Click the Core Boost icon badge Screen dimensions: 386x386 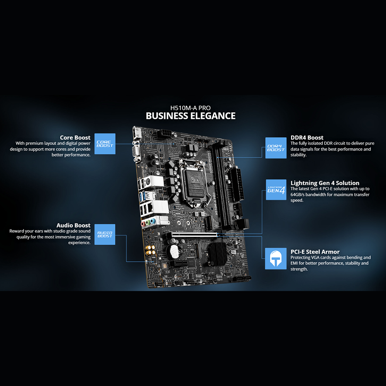(105, 144)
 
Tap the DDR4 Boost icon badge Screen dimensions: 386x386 (276, 148)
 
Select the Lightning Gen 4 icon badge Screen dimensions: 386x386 (276, 189)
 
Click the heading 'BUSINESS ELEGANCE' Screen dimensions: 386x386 (190, 115)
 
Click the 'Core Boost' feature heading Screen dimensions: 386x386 (75, 137)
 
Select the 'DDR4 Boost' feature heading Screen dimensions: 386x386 (307, 137)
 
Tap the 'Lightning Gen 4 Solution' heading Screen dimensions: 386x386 (325, 183)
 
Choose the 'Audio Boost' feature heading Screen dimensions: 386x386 (73, 225)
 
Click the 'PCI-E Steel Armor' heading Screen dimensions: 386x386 (315, 252)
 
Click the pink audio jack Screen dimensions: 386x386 (143, 223)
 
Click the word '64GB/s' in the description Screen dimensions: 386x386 (298, 195)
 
